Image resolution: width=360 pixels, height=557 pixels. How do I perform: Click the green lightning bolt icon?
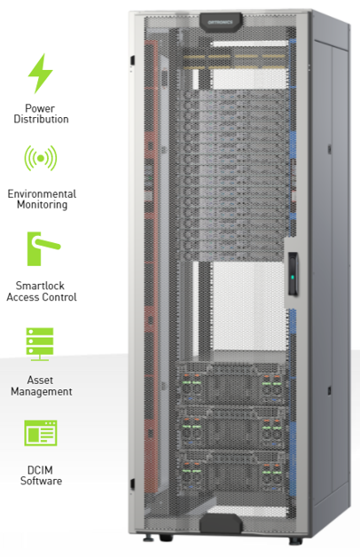[40, 74]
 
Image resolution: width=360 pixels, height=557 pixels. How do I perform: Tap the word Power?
[40, 108]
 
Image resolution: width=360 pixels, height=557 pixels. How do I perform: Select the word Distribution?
[41, 119]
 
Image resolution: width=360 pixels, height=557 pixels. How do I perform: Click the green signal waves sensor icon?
[41, 158]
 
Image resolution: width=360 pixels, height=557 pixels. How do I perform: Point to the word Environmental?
[42, 194]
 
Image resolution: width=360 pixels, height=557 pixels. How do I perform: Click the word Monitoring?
[42, 205]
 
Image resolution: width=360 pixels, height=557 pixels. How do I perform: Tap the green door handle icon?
[43, 248]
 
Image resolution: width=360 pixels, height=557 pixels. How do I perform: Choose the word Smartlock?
[40, 286]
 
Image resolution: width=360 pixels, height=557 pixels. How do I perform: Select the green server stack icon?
[40, 344]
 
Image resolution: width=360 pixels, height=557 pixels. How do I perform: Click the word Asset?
[40, 380]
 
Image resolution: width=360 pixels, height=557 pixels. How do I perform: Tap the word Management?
[42, 391]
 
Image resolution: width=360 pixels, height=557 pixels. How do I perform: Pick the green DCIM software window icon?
[41, 433]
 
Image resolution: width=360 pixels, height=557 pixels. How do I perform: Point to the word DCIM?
[40, 470]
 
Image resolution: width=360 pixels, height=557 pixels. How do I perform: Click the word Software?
[41, 481]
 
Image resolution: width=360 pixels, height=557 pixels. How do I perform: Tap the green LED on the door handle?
[292, 277]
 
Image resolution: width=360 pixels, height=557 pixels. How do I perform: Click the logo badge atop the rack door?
[221, 22]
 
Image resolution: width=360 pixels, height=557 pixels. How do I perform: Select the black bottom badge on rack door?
[221, 523]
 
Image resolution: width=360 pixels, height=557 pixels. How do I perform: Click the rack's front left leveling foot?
[148, 538]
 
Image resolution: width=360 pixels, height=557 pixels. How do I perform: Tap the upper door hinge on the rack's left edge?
[132, 60]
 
